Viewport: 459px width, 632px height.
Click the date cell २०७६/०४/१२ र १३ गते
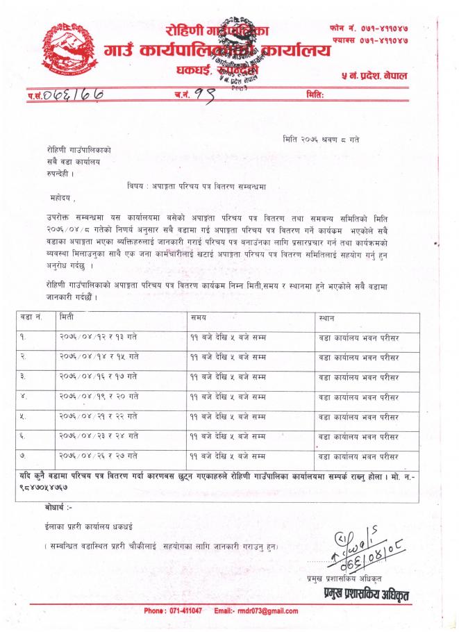coord(98,337)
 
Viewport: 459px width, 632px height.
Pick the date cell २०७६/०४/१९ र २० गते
coord(98,397)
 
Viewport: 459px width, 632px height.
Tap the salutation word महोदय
coord(57,198)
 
